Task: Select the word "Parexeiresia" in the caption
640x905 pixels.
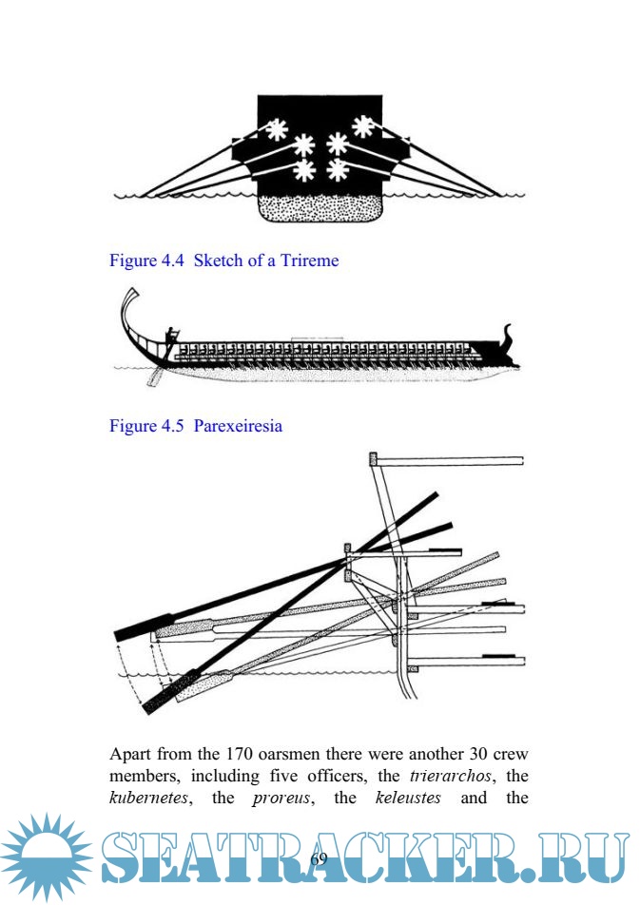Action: (238, 426)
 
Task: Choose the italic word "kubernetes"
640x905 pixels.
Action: (142, 799)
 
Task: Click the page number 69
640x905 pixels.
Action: (320, 857)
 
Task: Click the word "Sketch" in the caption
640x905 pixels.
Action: (219, 260)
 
